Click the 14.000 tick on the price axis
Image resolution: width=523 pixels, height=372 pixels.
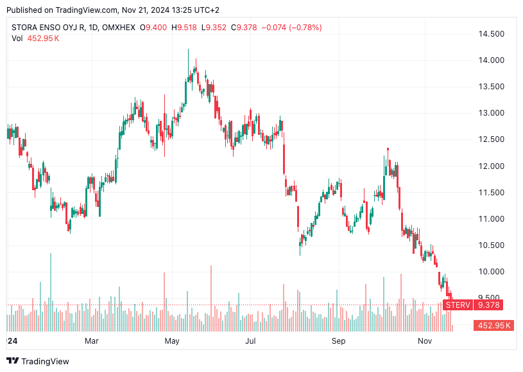pyautogui.click(x=491, y=60)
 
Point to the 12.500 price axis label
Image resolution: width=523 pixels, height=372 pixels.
pyautogui.click(x=491, y=139)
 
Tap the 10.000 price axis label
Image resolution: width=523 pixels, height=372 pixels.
pyautogui.click(x=491, y=272)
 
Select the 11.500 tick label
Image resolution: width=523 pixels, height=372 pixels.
pyautogui.click(x=491, y=192)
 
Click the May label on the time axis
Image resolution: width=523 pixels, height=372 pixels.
pyautogui.click(x=171, y=341)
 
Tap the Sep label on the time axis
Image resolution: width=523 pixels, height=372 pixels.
pyautogui.click(x=338, y=341)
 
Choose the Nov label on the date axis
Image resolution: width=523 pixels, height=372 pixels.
pyautogui.click(x=424, y=341)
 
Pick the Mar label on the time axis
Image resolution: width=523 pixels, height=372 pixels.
pyautogui.click(x=92, y=341)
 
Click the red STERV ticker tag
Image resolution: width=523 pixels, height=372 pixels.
pyautogui.click(x=458, y=305)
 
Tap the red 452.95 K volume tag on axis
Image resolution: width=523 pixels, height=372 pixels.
pyautogui.click(x=493, y=326)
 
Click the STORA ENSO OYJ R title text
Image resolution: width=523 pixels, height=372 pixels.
pyautogui.click(x=49, y=28)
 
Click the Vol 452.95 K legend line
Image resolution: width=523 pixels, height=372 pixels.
pyautogui.click(x=35, y=39)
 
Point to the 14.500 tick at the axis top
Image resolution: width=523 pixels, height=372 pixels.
pyautogui.click(x=491, y=34)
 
